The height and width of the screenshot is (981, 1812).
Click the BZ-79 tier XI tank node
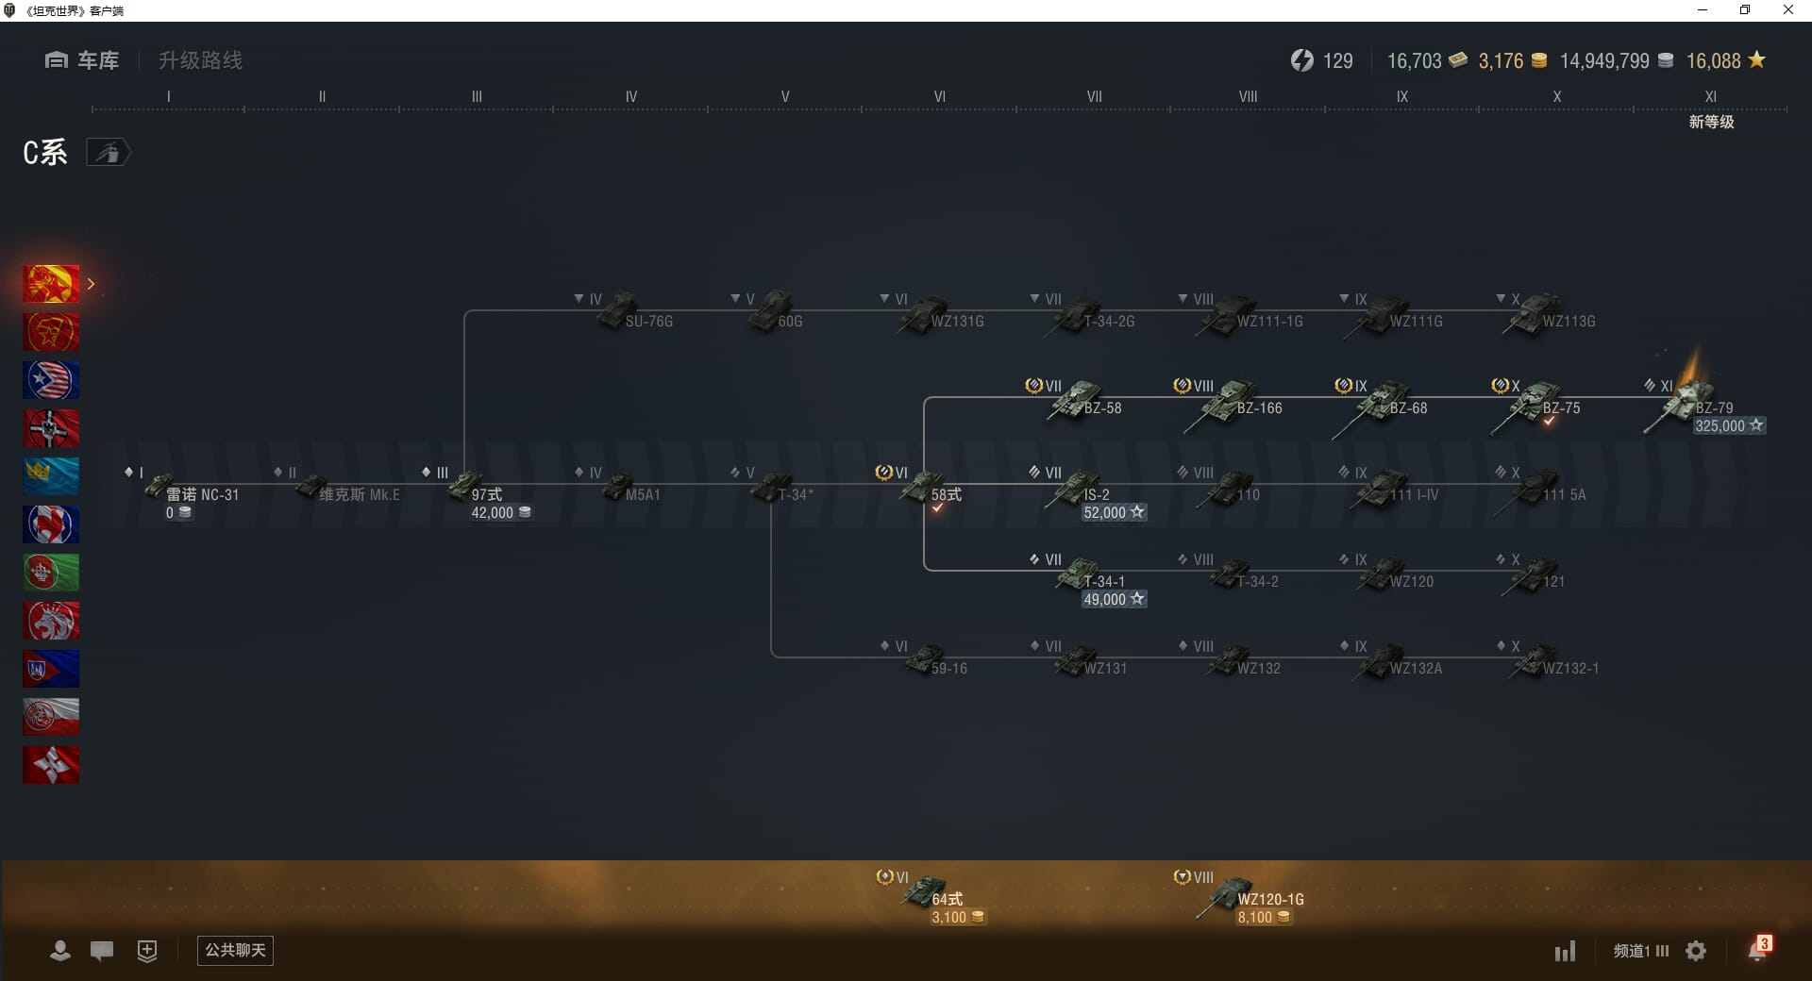click(x=1689, y=403)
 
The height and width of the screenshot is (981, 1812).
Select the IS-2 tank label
click(x=1096, y=494)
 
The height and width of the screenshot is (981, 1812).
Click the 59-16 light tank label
click(x=948, y=669)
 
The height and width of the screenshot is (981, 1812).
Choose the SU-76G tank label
click(x=648, y=322)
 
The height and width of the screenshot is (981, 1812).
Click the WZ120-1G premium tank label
click(x=1270, y=900)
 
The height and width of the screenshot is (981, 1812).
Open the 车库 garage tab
click(x=82, y=60)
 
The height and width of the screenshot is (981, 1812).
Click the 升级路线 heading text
click(x=200, y=60)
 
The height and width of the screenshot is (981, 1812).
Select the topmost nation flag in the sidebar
click(x=51, y=284)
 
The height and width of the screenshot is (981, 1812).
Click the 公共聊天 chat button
click(x=235, y=950)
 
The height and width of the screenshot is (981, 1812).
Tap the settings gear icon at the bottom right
click(x=1696, y=951)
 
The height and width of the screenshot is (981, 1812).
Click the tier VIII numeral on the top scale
click(x=1248, y=96)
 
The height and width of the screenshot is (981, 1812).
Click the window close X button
click(x=1787, y=10)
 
